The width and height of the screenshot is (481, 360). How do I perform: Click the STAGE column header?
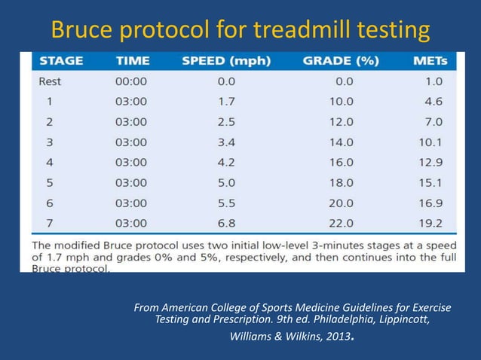tap(61, 59)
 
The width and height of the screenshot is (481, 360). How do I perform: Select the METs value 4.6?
tap(432, 100)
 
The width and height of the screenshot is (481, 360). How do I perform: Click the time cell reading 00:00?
tap(131, 81)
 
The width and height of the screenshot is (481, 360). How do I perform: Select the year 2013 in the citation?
tap(337, 337)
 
